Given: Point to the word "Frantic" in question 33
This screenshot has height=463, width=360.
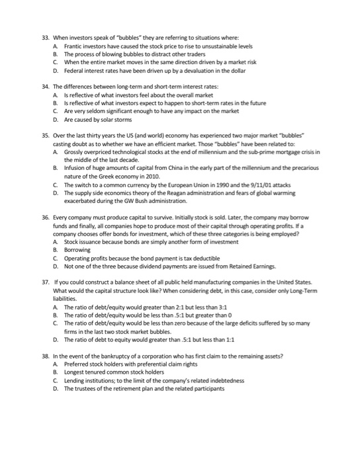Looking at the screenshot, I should pyautogui.click(x=74, y=48).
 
